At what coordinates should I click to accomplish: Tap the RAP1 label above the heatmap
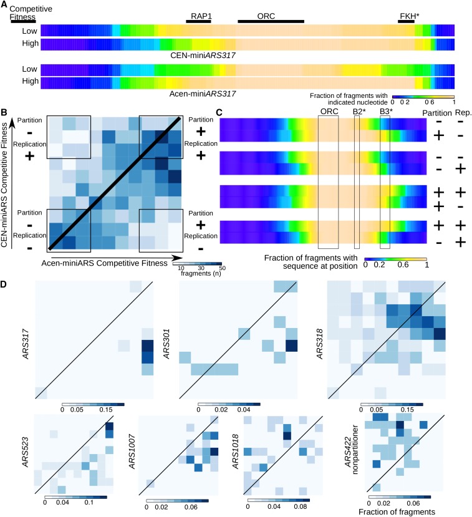198,14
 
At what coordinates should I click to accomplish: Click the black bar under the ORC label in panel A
271,21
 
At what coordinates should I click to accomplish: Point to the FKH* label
406,14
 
